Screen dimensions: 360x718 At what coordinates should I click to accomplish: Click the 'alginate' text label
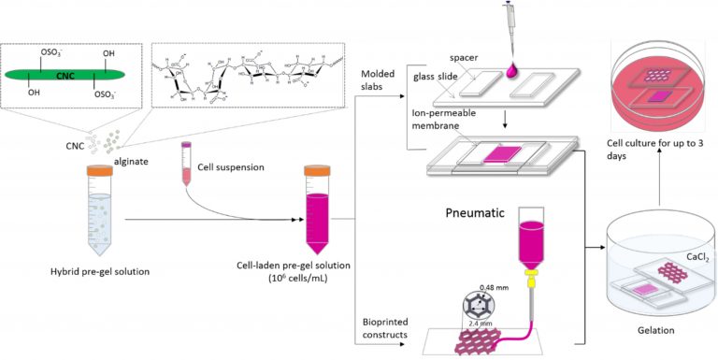tap(127, 160)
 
